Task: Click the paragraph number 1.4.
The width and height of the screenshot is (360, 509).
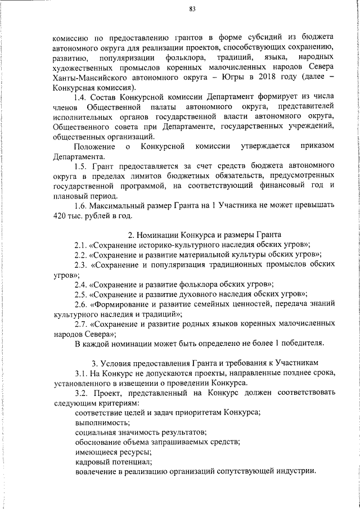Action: coord(83,97)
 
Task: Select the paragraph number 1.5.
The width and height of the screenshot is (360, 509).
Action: coord(83,165)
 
